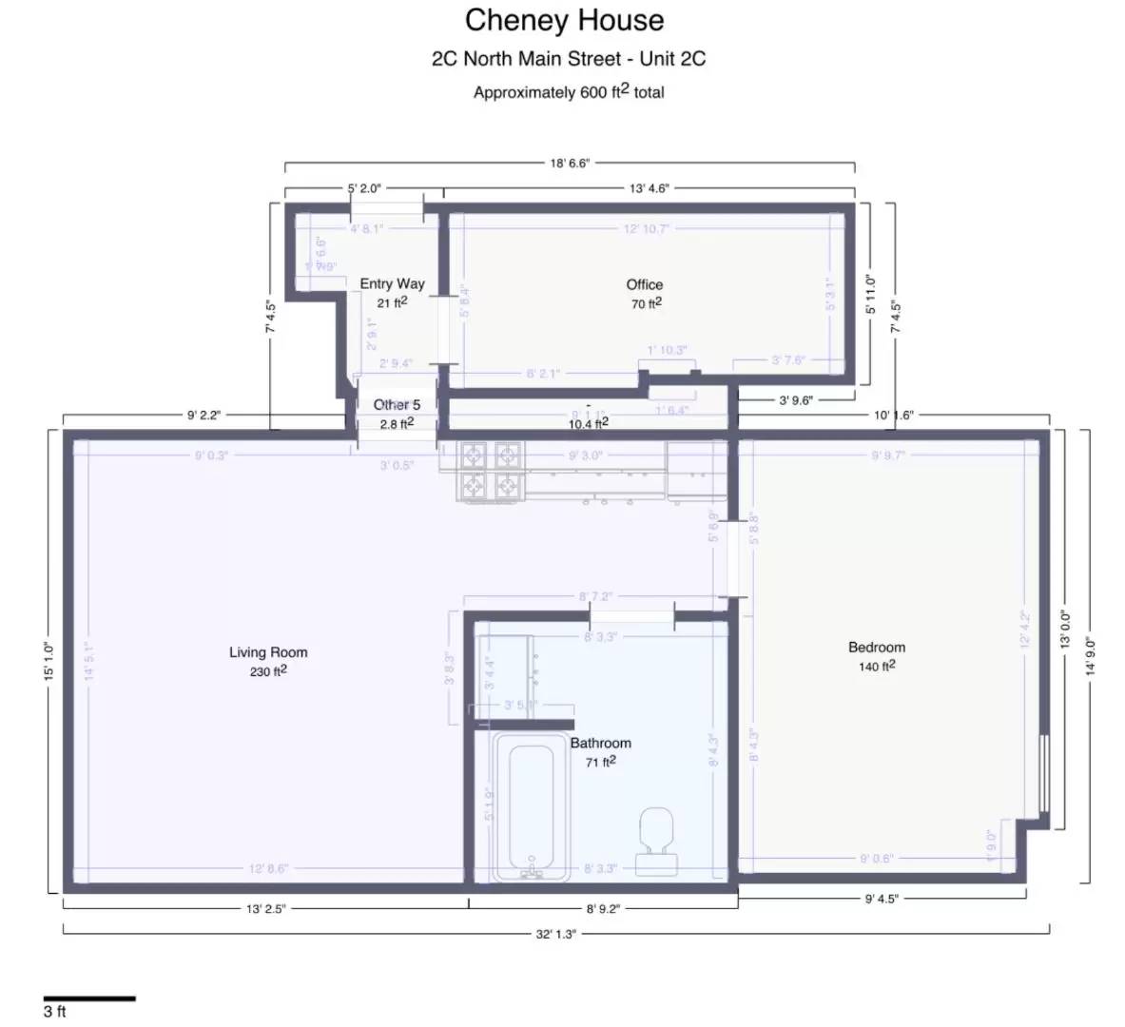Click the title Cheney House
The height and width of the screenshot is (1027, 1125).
tap(564, 20)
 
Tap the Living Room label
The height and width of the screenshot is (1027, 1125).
tap(268, 652)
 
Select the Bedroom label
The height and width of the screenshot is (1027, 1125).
tap(877, 648)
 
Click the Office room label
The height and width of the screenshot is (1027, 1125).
tap(644, 284)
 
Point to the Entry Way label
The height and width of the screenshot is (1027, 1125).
tap(392, 283)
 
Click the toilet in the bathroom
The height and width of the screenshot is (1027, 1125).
tap(657, 838)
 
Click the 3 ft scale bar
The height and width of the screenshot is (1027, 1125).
tap(89, 998)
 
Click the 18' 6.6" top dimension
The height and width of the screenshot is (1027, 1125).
tap(570, 163)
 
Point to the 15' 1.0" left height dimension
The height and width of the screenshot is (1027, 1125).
tap(48, 661)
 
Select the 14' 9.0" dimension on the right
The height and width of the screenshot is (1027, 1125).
tap(1091, 656)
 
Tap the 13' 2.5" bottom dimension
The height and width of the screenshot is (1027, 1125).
tap(265, 908)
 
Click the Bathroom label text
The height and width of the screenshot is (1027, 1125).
tap(600, 743)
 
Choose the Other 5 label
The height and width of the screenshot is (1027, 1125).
tap(397, 405)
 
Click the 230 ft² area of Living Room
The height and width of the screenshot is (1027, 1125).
tap(268, 671)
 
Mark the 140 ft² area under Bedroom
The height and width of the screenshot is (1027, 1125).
tap(877, 667)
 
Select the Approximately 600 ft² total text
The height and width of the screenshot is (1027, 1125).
tap(569, 92)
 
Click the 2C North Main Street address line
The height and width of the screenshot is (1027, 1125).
tap(569, 59)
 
